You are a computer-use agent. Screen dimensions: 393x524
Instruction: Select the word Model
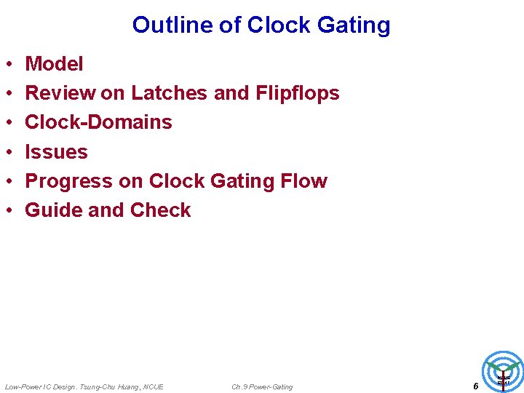tap(54, 64)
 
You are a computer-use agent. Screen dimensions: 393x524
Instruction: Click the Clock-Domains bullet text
tap(98, 122)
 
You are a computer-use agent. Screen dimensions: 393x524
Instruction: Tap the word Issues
tap(56, 152)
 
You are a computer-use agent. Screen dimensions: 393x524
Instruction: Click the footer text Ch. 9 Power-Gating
tap(262, 387)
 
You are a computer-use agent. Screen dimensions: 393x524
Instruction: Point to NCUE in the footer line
tap(154, 387)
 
